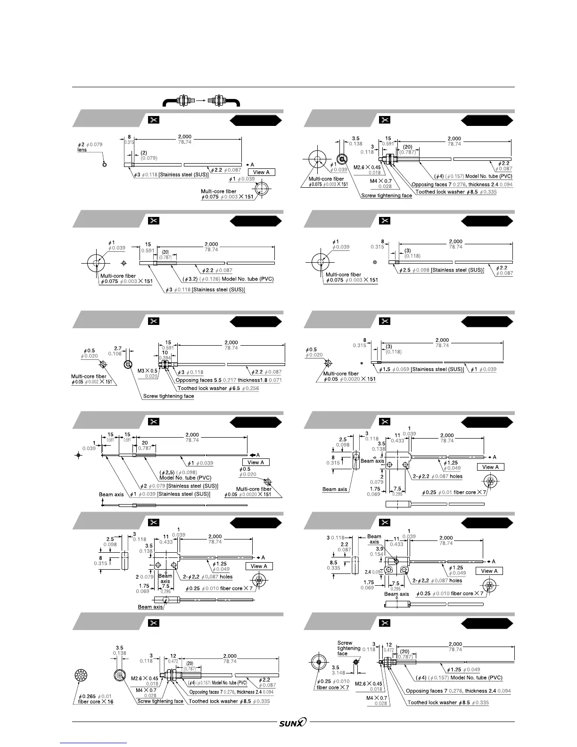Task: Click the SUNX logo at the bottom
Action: click(x=293, y=722)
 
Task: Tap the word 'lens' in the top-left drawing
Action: click(x=82, y=150)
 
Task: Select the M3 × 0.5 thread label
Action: click(x=148, y=371)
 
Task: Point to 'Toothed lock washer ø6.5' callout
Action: click(x=218, y=388)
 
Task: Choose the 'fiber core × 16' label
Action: click(x=96, y=702)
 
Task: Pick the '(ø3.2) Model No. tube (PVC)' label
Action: click(x=228, y=279)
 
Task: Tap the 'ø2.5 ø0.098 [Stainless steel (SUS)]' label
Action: click(x=441, y=270)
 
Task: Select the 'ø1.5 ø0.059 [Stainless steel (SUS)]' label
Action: click(x=421, y=369)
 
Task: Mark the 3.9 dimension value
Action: click(x=379, y=548)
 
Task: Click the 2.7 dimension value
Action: click(x=118, y=349)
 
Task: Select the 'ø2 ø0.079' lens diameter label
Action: click(x=90, y=144)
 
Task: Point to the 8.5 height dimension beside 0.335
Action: click(x=333, y=563)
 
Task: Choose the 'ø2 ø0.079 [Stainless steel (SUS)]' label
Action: click(x=179, y=486)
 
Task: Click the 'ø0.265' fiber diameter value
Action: click(x=88, y=696)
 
